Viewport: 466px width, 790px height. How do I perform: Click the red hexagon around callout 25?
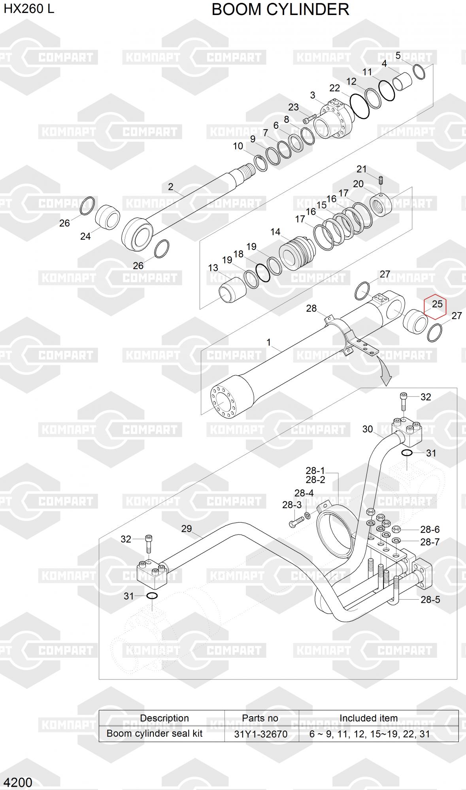(x=435, y=306)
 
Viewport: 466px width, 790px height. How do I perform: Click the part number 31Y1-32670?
(x=260, y=734)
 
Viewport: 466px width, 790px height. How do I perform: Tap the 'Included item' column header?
(x=368, y=718)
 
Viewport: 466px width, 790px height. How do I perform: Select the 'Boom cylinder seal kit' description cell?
(x=155, y=734)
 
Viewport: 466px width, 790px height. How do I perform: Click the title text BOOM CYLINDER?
(x=280, y=9)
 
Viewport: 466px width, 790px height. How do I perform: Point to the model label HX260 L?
(x=29, y=9)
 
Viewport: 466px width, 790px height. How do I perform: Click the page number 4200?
(x=18, y=782)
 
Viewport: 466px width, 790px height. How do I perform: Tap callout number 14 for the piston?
(x=275, y=232)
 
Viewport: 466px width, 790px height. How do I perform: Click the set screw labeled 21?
(x=381, y=181)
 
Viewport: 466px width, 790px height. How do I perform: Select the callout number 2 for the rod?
(x=170, y=186)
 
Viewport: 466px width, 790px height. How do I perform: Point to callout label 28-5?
(x=430, y=600)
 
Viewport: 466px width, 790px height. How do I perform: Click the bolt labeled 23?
(x=309, y=118)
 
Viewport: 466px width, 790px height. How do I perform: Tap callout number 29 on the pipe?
(x=186, y=529)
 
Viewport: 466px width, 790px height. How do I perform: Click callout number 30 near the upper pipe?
(x=367, y=429)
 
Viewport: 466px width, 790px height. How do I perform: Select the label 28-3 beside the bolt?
(x=292, y=505)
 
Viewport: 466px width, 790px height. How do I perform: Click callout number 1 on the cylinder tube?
(x=269, y=342)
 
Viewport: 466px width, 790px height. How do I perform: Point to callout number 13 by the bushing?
(x=213, y=268)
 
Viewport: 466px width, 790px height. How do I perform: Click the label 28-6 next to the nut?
(x=430, y=529)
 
